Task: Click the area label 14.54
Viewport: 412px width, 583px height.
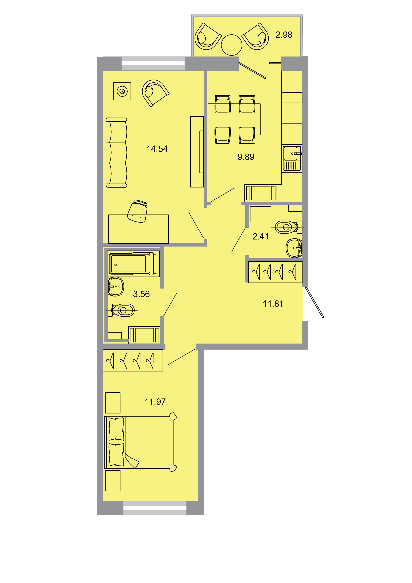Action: click(x=157, y=149)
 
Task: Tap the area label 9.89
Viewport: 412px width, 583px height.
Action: click(x=246, y=157)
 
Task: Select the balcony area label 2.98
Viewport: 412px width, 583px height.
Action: click(x=284, y=35)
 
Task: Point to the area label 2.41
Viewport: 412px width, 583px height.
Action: click(x=260, y=236)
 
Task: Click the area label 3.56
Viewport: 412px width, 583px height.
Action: click(x=141, y=294)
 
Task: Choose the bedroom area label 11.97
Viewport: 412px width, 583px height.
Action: click(x=155, y=402)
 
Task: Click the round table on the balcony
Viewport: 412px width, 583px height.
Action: click(x=232, y=45)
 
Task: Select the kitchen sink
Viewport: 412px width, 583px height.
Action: click(x=292, y=158)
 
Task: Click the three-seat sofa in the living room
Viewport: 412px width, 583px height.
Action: click(x=116, y=153)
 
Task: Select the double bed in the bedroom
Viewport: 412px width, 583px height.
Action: click(x=140, y=442)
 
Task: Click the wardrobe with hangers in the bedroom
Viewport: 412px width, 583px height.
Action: click(x=133, y=361)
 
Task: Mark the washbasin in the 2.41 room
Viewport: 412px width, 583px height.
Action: click(x=294, y=248)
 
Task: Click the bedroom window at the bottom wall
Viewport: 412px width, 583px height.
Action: click(x=155, y=508)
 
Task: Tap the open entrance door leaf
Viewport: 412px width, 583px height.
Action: click(x=314, y=302)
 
